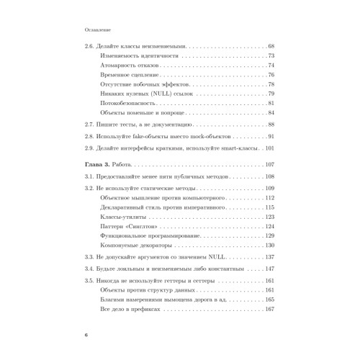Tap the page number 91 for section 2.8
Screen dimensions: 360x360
[271, 136]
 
